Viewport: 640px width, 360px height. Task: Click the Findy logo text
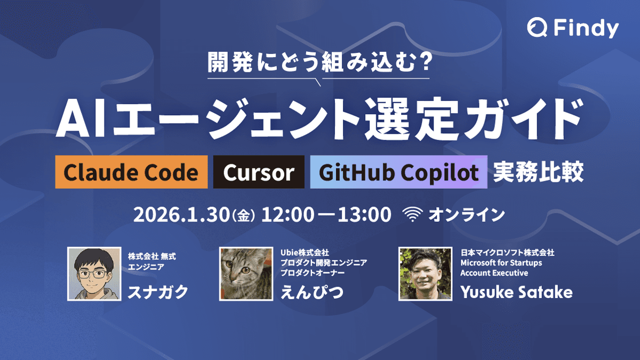(x=586, y=28)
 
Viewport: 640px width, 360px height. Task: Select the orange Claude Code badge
(x=131, y=172)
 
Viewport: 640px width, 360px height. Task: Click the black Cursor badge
(x=259, y=172)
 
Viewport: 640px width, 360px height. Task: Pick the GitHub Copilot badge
(x=398, y=172)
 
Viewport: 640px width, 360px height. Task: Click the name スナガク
(x=157, y=292)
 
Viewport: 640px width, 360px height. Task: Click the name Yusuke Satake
(x=516, y=292)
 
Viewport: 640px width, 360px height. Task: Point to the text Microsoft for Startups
(x=501, y=263)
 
